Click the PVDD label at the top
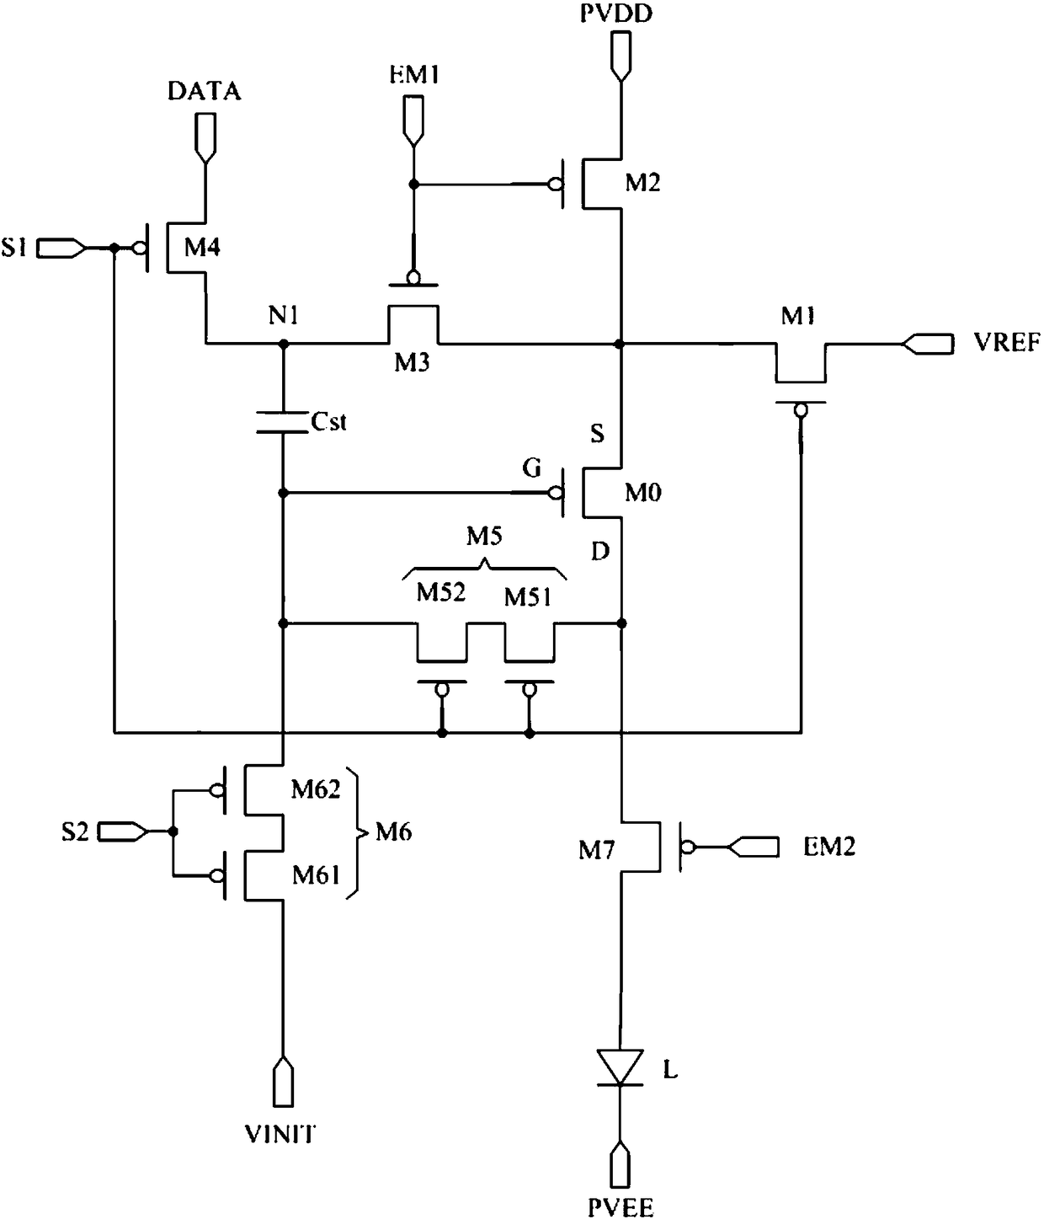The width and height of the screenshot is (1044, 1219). click(x=616, y=13)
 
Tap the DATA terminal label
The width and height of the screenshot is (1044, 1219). click(x=205, y=92)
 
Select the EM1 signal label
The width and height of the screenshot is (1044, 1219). click(x=414, y=75)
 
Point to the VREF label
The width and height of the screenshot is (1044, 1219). click(x=1007, y=342)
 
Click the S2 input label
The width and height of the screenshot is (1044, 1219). click(x=75, y=831)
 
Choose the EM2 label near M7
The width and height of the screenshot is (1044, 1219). click(x=828, y=847)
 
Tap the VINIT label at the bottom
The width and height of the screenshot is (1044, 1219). click(x=280, y=1133)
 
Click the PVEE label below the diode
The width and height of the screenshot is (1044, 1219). click(x=621, y=1207)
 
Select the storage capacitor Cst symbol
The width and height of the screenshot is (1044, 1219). click(x=282, y=422)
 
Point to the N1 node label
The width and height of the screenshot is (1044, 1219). click(x=284, y=316)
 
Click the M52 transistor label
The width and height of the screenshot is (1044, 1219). click(x=441, y=591)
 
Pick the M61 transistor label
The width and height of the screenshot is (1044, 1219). click(x=317, y=875)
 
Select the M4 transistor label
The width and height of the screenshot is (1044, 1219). click(x=202, y=247)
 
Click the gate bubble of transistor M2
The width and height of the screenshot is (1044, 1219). click(x=555, y=184)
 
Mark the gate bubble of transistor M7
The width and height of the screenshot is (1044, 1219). click(x=687, y=847)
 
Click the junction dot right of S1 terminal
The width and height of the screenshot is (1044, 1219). click(x=115, y=249)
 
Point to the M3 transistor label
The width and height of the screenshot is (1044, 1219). click(x=412, y=362)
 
